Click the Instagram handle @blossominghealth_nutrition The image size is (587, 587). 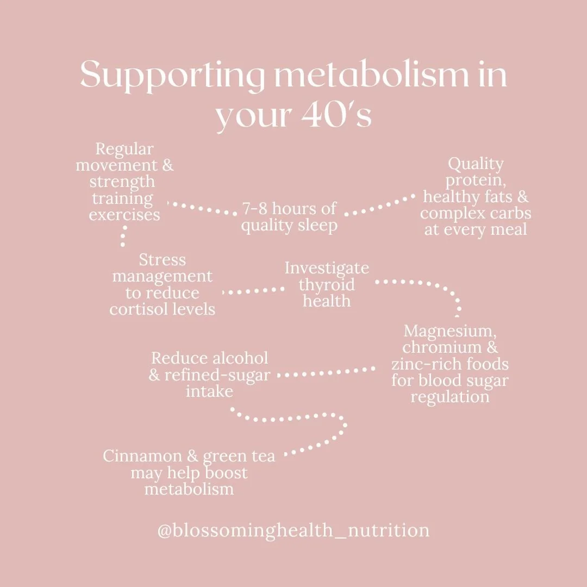click(x=293, y=530)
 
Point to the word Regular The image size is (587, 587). click(x=124, y=149)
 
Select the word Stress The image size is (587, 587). click(x=162, y=260)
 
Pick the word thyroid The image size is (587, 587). click(x=327, y=284)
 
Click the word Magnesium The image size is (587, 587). click(x=449, y=330)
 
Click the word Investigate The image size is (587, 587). click(x=327, y=268)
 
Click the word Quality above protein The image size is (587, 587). click(x=476, y=164)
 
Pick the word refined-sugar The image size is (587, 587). click(x=217, y=375)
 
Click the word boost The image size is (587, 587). click(x=225, y=472)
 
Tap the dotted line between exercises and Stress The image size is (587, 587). click(x=124, y=237)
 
